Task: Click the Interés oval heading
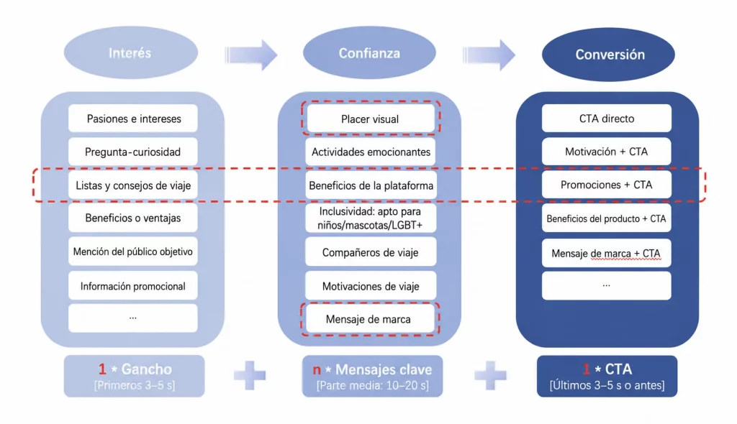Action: (x=131, y=52)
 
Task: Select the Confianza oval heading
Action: (x=369, y=53)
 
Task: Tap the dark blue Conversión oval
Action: (x=608, y=55)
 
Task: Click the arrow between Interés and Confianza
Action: (x=251, y=55)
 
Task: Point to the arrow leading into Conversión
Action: (x=489, y=55)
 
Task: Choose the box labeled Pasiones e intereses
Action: (x=133, y=119)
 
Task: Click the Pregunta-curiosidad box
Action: (x=133, y=152)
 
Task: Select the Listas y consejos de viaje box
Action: (x=133, y=185)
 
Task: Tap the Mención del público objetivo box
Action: (x=133, y=252)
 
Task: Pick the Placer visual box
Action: (x=370, y=119)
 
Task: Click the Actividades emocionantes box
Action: (x=371, y=152)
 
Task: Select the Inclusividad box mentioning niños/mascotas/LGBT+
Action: (x=371, y=218)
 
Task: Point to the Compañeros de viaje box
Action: (x=371, y=252)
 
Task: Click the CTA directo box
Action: (x=606, y=119)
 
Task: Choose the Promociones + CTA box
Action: (x=606, y=185)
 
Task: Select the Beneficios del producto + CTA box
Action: (x=606, y=218)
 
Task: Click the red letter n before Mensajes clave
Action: (x=317, y=370)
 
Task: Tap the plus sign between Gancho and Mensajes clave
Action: (x=250, y=375)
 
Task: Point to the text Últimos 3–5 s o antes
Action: (x=607, y=385)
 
